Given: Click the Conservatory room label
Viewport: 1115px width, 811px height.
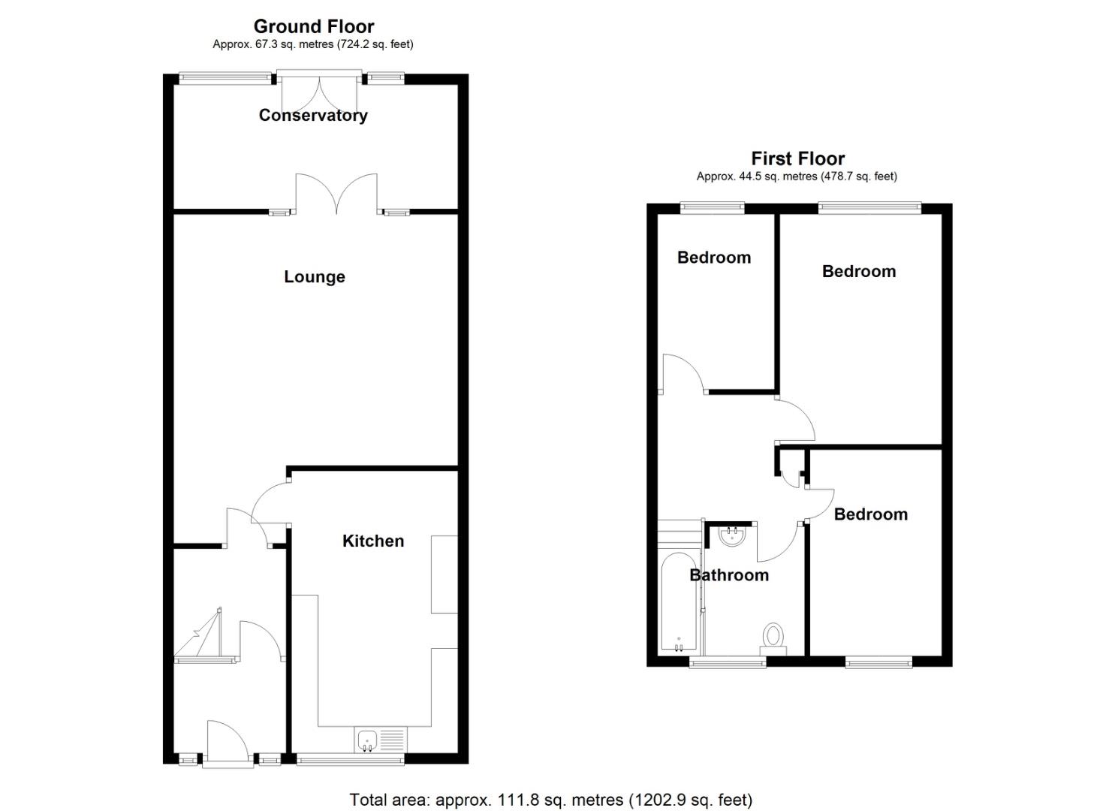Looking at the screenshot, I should pos(313,115).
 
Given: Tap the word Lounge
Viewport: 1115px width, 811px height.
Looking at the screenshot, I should pos(315,276).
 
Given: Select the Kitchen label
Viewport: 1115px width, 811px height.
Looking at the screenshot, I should pos(373,541).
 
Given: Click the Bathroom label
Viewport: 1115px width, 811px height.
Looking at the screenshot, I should pos(729,575).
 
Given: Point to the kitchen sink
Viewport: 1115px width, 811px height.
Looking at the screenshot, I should pos(367,740).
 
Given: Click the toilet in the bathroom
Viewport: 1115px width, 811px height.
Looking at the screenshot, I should pos(773,636).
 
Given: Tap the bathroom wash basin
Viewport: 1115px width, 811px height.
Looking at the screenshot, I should pos(731,535).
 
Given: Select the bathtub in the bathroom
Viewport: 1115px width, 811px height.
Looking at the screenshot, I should pos(679,602).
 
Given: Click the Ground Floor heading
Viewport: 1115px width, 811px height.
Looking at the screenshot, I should pos(314,27).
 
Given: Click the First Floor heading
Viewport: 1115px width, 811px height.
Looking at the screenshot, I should pos(797,158).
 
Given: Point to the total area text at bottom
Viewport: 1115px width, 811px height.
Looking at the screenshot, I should pos(550,800).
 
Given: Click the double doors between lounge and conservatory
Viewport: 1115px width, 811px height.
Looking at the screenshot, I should pos(336,193).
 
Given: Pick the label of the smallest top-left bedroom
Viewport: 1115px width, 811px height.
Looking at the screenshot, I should pos(714,258).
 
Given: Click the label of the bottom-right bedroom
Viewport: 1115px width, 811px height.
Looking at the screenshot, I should pos(870,514).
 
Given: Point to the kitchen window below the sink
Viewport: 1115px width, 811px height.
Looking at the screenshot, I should pos(351,760).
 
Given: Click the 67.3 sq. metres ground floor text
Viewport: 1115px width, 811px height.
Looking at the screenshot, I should pos(312,44).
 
